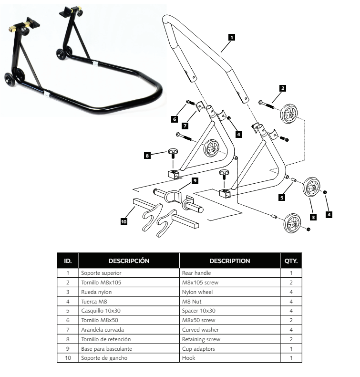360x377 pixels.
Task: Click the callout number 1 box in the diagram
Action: (232, 36)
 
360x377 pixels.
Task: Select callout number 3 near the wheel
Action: (313, 217)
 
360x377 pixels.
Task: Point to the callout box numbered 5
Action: (282, 197)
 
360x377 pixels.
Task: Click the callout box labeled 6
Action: (175, 119)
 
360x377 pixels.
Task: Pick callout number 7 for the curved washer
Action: (184, 126)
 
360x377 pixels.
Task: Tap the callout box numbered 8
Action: (147, 155)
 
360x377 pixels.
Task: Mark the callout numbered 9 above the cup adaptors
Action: (195, 180)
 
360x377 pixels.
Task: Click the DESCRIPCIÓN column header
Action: (129, 261)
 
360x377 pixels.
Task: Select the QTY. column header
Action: (291, 261)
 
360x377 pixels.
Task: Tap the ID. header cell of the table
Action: (68, 261)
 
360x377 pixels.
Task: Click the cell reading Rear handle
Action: (229, 273)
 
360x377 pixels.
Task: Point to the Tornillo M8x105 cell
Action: (129, 283)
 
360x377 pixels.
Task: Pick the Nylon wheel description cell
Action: (229, 292)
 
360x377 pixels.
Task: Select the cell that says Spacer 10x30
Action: (229, 311)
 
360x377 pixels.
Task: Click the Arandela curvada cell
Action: (129, 330)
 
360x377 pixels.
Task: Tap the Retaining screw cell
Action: (229, 339)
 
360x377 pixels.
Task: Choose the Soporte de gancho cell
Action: (129, 358)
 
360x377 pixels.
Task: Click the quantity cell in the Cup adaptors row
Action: (291, 348)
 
